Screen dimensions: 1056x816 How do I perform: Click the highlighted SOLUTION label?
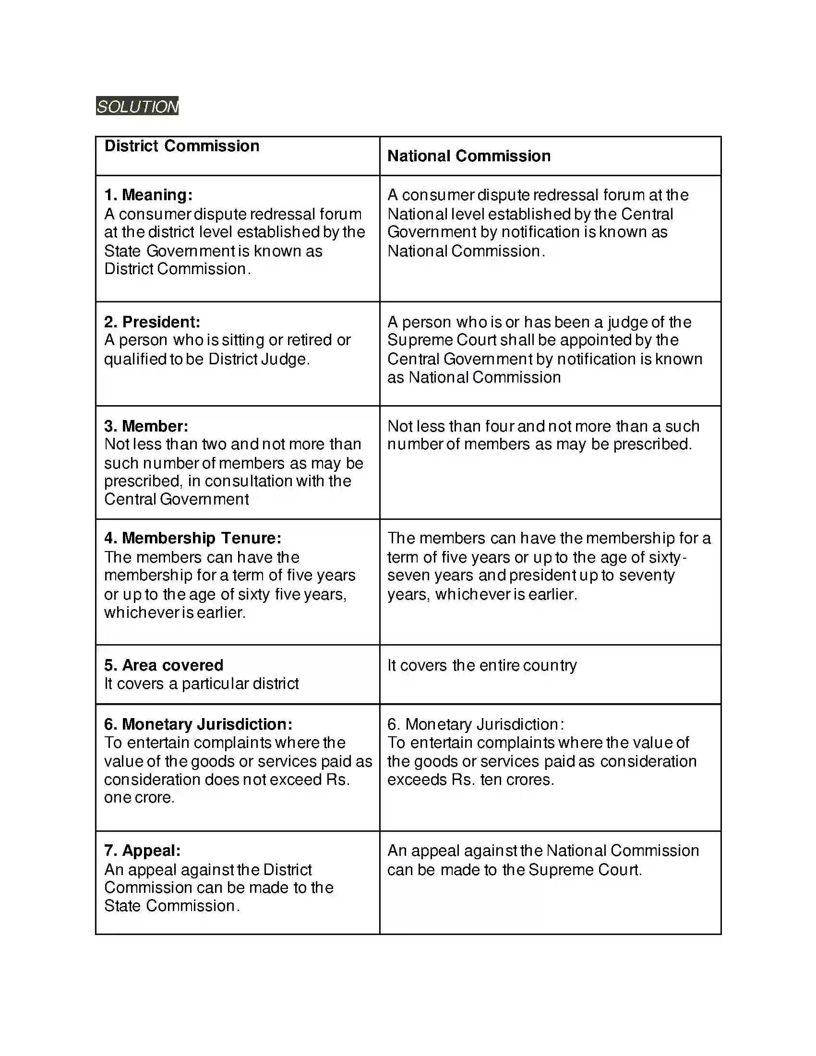pyautogui.click(x=137, y=106)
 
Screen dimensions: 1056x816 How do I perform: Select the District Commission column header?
pyautogui.click(x=182, y=146)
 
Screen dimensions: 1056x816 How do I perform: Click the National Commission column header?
pyautogui.click(x=469, y=156)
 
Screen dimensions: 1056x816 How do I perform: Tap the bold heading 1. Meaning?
pyautogui.click(x=148, y=195)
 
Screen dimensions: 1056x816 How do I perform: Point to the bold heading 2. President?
pyautogui.click(x=152, y=322)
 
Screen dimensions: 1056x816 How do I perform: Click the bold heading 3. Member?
pyautogui.click(x=146, y=426)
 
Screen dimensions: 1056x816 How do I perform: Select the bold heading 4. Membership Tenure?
pyautogui.click(x=192, y=538)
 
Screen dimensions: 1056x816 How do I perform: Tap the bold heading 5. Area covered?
pyautogui.click(x=163, y=665)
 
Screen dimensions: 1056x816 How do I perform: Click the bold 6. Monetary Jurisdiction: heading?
pyautogui.click(x=198, y=724)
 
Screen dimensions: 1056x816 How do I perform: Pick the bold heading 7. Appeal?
pyautogui.click(x=142, y=851)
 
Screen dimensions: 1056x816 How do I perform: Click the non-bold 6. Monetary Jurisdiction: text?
pyautogui.click(x=476, y=724)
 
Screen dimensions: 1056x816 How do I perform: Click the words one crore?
pyautogui.click(x=139, y=797)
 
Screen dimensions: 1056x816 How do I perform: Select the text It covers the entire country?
pyautogui.click(x=482, y=665)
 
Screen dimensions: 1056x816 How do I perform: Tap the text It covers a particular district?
pyautogui.click(x=202, y=684)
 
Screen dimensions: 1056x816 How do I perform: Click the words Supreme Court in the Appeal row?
pyautogui.click(x=585, y=870)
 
